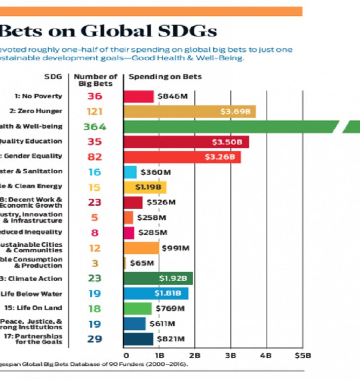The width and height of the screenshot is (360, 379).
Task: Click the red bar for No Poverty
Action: tap(139, 96)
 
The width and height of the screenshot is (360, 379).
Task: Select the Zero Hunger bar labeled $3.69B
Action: tap(189, 112)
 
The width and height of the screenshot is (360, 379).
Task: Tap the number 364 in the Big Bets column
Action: tap(95, 127)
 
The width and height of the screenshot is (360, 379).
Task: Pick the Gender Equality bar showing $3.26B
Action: tap(182, 157)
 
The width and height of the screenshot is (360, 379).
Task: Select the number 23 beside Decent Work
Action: tap(95, 202)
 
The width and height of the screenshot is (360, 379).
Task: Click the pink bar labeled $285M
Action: tap(129, 232)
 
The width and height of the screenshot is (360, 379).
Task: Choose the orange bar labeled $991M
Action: tap(141, 248)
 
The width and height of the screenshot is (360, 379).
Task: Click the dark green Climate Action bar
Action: tap(158, 278)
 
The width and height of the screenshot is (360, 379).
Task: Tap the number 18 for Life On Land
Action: tap(95, 308)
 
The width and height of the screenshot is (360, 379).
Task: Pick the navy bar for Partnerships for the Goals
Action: tap(138, 339)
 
